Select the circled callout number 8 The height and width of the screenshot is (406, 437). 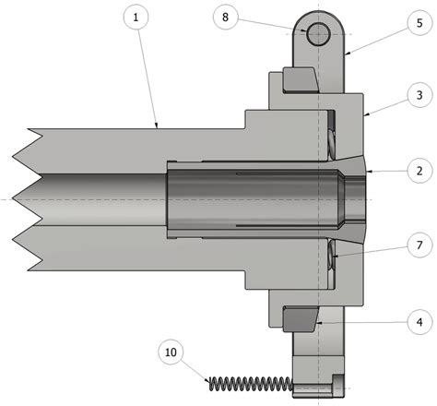tap(227, 17)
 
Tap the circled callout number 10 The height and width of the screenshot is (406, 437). tap(171, 352)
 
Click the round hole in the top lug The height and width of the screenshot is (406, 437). tap(318, 34)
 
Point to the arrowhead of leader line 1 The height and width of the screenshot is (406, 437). tap(158, 127)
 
